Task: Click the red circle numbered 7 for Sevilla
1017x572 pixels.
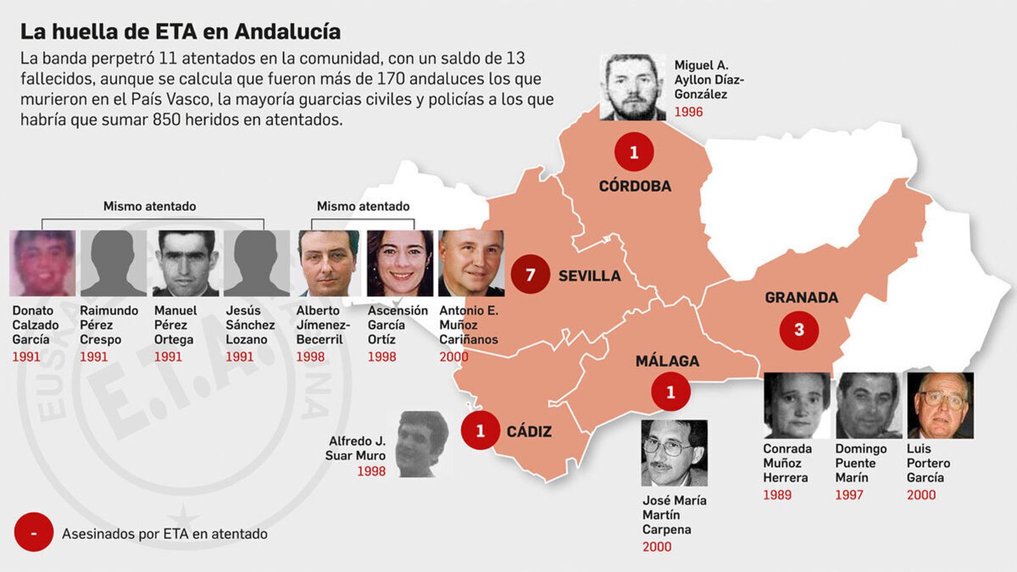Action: [530, 275]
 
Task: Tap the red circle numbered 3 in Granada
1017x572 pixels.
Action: [799, 330]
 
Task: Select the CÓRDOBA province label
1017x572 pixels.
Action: [634, 186]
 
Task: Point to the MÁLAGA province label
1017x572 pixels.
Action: [667, 361]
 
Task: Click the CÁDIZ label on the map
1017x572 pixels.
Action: [529, 432]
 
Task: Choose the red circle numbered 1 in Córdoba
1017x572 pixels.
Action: [634, 153]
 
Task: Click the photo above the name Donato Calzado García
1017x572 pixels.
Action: [43, 263]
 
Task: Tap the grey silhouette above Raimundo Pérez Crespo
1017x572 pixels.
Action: [114, 263]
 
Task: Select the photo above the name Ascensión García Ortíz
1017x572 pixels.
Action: [400, 263]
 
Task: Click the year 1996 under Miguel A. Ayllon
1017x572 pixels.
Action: [688, 112]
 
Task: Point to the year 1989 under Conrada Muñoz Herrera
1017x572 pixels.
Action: [777, 494]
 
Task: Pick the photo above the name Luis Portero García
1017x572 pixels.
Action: [940, 405]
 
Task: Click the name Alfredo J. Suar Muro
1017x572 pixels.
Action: [355, 448]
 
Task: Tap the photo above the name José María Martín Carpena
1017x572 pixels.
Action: [674, 453]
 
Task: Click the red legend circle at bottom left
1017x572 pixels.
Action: [33, 533]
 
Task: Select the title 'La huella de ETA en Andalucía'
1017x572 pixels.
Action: [181, 31]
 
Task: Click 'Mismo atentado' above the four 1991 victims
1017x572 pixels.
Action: [149, 206]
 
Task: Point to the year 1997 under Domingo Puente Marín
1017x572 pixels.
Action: [849, 494]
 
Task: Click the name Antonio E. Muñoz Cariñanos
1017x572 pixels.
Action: [468, 325]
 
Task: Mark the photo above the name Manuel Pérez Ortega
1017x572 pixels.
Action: [186, 263]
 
